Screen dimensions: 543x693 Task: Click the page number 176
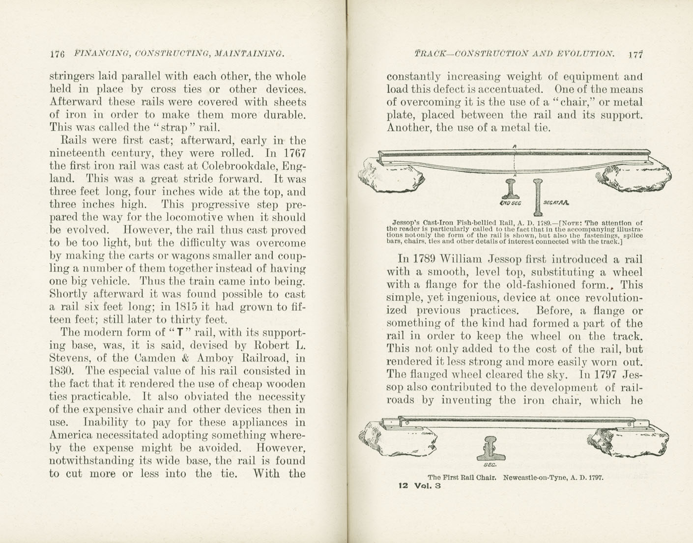click(x=58, y=54)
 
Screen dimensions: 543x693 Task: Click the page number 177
click(x=635, y=54)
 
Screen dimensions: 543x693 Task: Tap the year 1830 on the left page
click(x=61, y=371)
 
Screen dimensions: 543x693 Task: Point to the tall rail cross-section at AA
click(x=538, y=197)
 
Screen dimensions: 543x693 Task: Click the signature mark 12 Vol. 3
click(x=420, y=486)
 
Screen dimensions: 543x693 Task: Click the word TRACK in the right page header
click(x=430, y=54)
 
